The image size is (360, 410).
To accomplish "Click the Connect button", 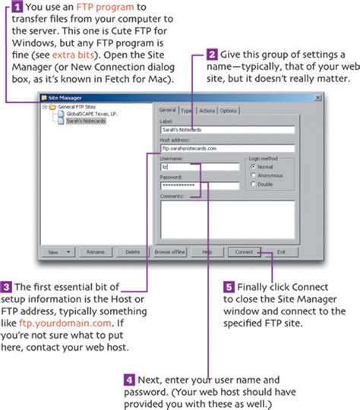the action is click(244, 251).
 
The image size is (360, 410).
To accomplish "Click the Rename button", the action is click(95, 251).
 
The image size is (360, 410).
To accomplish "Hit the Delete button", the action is click(132, 251).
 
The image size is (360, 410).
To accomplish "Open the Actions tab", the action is click(207, 111).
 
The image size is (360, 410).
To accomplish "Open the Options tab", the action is click(228, 111).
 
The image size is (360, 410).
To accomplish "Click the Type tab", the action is click(187, 111).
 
